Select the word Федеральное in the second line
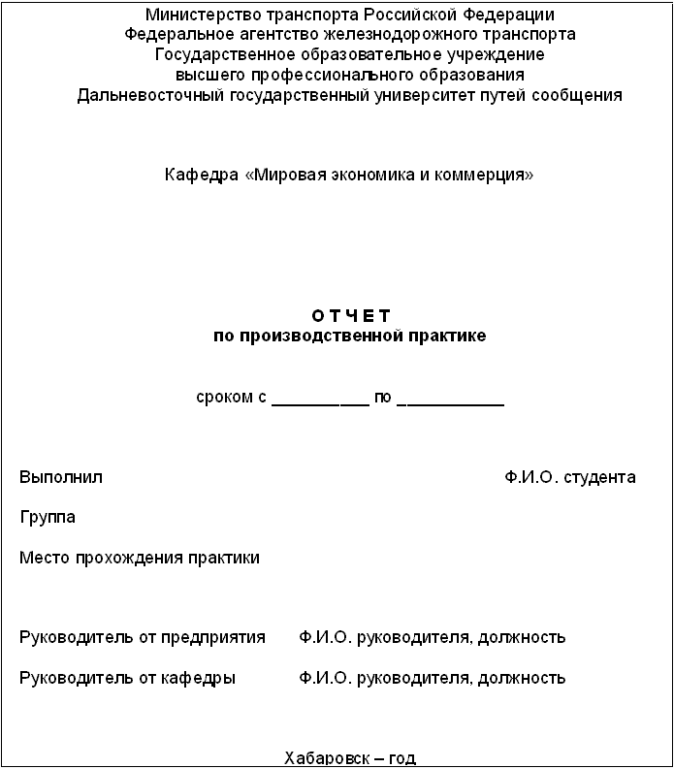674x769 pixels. click(173, 34)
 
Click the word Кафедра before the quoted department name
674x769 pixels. click(201, 176)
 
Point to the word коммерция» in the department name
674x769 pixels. click(493, 176)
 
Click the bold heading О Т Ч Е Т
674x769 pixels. click(350, 316)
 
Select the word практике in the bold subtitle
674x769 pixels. click(449, 336)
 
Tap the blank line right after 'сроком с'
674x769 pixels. click(320, 400)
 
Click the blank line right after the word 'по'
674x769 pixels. click(451, 400)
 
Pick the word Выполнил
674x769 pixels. click(61, 477)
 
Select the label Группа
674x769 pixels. click(48, 517)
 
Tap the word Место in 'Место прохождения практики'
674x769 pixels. click(42, 558)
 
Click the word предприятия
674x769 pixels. click(219, 637)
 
